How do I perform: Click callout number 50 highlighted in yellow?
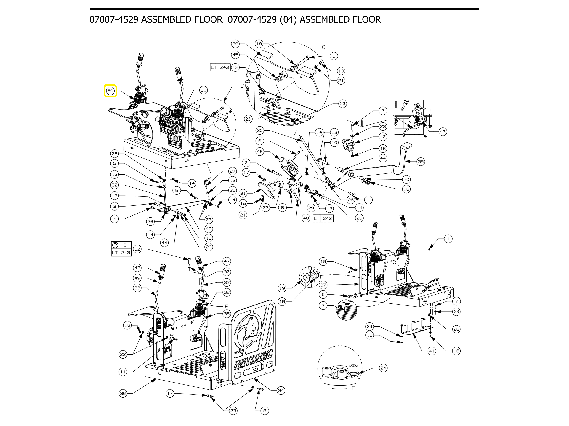point(110,91)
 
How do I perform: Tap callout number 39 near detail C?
point(235,44)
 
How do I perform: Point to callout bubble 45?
point(235,55)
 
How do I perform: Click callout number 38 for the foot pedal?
point(421,162)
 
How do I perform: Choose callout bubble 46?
point(260,152)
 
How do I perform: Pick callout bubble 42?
point(383,137)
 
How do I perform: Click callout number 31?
point(243,193)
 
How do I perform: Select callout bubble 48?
point(306,218)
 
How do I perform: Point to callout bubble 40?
point(209,229)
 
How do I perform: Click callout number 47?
point(226,261)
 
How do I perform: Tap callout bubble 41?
point(432,351)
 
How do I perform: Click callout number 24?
point(383,368)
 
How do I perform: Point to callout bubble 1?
point(448,239)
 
